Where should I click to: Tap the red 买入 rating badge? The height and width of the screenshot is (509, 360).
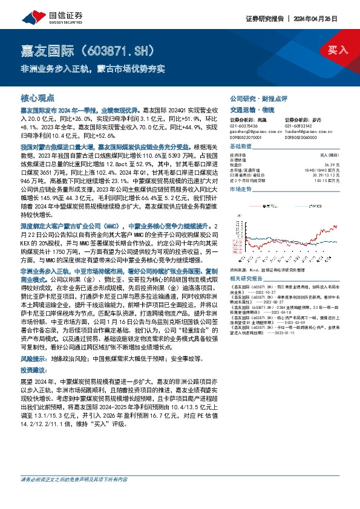(x=338, y=50)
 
